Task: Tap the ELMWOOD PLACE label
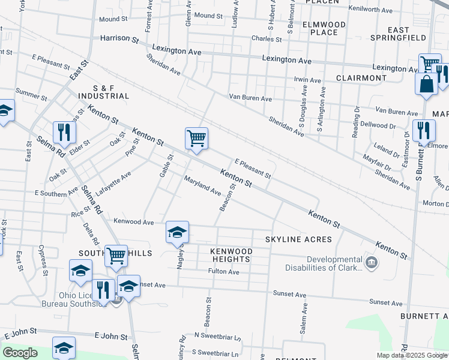click(x=325, y=28)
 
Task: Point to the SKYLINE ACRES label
click(x=299, y=239)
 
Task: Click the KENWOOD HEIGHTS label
click(x=231, y=254)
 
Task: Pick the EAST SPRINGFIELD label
click(x=407, y=34)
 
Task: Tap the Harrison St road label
click(x=119, y=38)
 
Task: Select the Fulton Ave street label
click(x=224, y=272)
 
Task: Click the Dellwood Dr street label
click(x=379, y=126)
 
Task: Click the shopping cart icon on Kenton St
click(x=196, y=139)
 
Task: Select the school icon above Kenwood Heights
click(x=177, y=233)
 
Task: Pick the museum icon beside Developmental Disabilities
click(x=372, y=262)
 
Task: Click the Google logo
click(x=20, y=353)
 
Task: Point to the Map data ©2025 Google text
click(x=412, y=355)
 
